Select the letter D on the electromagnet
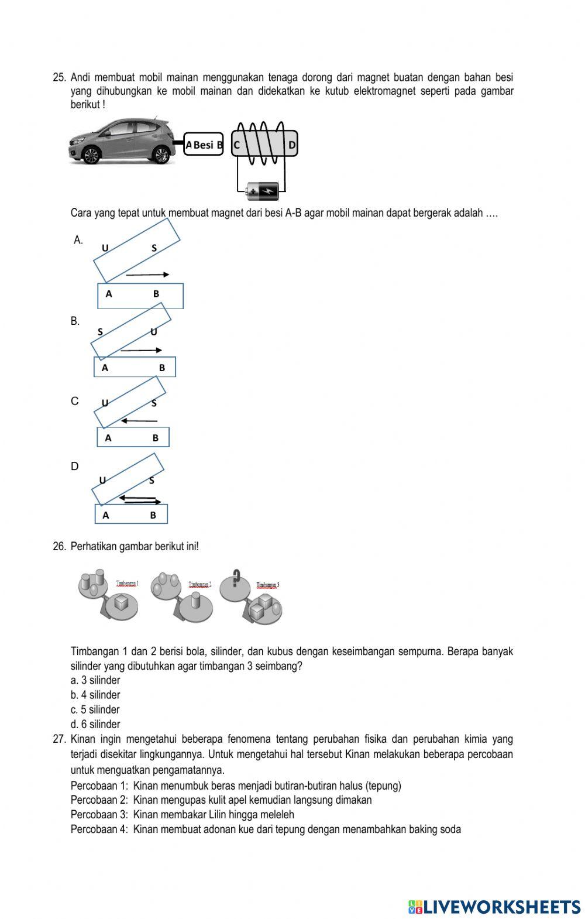292,144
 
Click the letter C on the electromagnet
237,145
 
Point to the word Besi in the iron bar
204,145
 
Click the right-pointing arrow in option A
147,274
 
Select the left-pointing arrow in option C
139,421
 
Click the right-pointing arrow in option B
141,350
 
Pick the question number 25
59,77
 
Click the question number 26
59,546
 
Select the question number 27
59,739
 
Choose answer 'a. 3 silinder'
95,680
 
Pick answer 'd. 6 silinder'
95,724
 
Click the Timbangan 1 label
127,583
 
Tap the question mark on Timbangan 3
236,577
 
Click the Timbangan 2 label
200,584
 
